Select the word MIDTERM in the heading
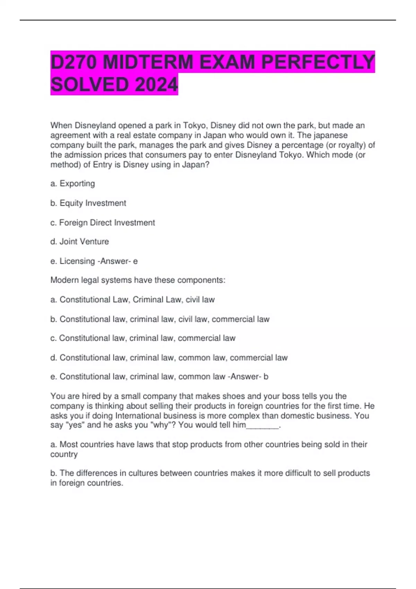(148, 62)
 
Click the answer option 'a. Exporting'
(72, 184)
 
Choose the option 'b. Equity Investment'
(88, 203)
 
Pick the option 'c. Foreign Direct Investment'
(103, 222)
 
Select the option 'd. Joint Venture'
(79, 241)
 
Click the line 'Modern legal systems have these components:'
(138, 280)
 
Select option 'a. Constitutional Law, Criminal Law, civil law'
(132, 299)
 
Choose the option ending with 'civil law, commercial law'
(160, 319)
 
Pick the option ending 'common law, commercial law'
(169, 358)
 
